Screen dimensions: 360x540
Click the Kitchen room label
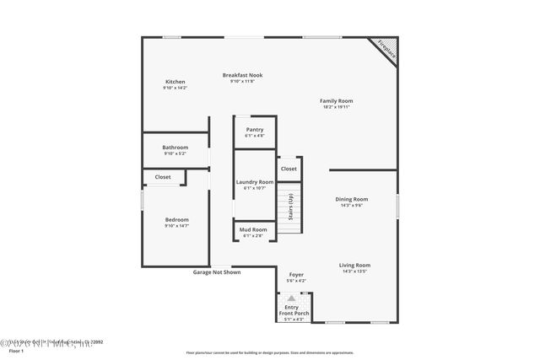pyautogui.click(x=175, y=81)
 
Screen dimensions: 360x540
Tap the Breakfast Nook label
pyautogui.click(x=242, y=74)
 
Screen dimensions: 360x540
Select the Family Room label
pyautogui.click(x=336, y=100)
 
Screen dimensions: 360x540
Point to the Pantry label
pyautogui.click(x=255, y=129)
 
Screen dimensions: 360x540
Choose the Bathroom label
pyautogui.click(x=175, y=147)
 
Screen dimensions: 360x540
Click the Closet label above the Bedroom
pyautogui.click(x=163, y=177)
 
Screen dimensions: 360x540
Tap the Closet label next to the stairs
pyautogui.click(x=289, y=169)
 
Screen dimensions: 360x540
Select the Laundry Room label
pyautogui.click(x=255, y=181)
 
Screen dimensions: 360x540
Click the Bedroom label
pyautogui.click(x=177, y=219)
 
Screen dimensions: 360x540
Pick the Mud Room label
pyautogui.click(x=253, y=229)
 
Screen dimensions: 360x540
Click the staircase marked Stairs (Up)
pyautogui.click(x=290, y=207)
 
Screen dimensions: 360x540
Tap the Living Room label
pyautogui.click(x=355, y=265)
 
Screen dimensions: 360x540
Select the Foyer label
pyautogui.click(x=296, y=274)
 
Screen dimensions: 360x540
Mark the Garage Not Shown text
pyautogui.click(x=217, y=271)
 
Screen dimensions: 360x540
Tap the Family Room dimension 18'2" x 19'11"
pyautogui.click(x=336, y=107)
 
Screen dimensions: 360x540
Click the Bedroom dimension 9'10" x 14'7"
pyautogui.click(x=177, y=226)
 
